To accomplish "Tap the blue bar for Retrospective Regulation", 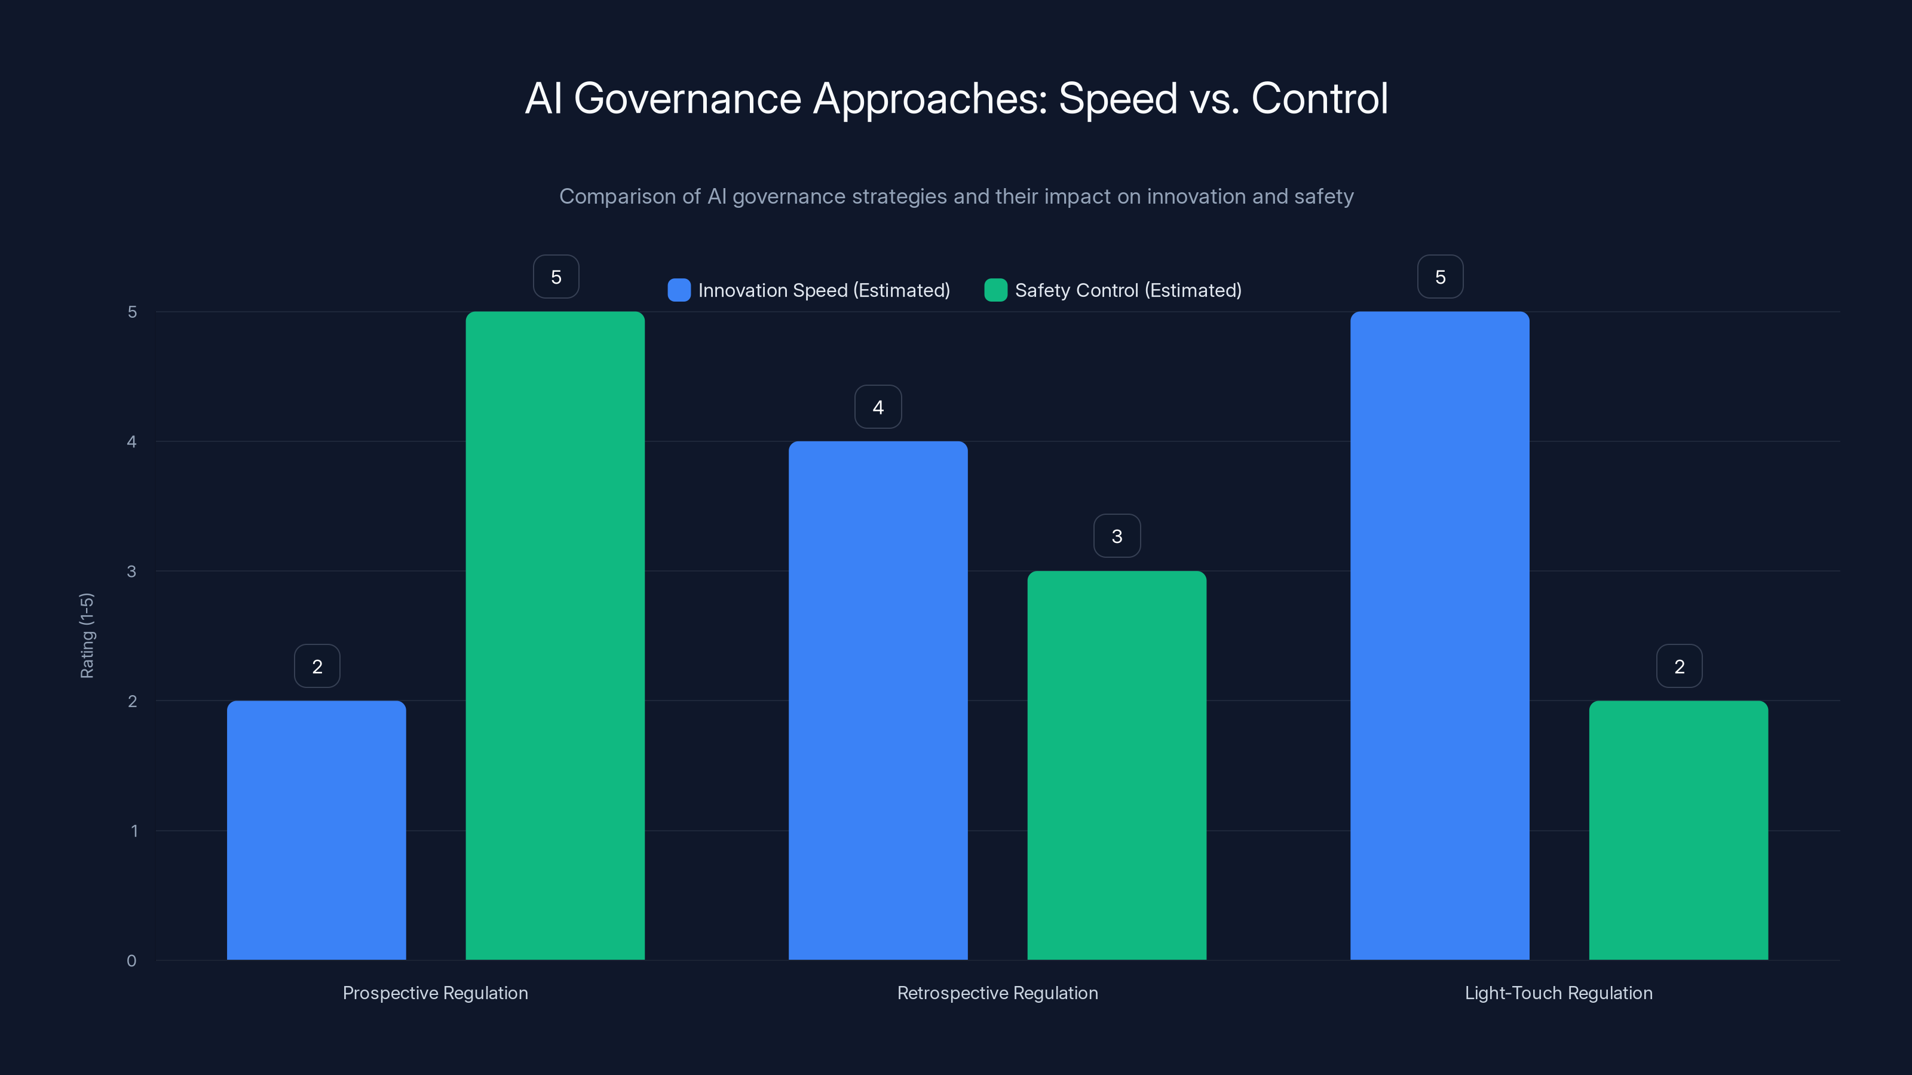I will [x=878, y=701].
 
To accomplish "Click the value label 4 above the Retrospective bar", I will [x=878, y=407].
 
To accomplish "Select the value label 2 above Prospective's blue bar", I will [x=317, y=666].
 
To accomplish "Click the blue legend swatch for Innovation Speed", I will [x=678, y=290].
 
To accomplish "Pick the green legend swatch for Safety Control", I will [x=995, y=290].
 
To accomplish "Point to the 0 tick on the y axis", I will [x=131, y=961].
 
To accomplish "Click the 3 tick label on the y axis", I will [x=131, y=572].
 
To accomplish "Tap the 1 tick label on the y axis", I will [x=134, y=831].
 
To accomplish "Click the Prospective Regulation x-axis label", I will [x=435, y=993].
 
